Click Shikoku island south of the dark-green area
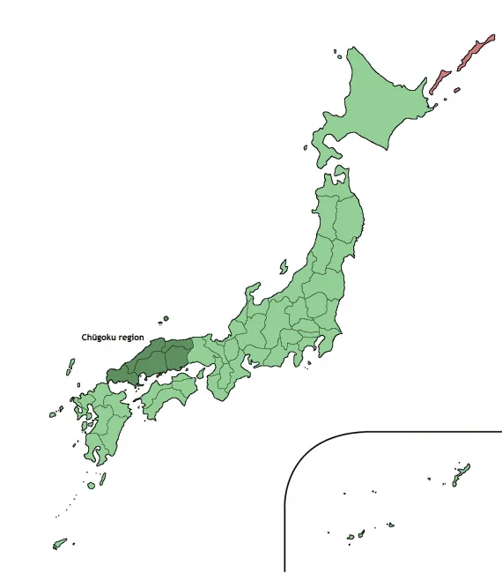point(167,393)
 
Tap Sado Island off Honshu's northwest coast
point(284,266)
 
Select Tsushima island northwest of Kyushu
point(70,366)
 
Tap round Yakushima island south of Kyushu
point(91,484)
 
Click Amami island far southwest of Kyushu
point(59,544)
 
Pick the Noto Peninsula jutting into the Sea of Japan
point(253,292)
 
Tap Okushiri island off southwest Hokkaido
point(306,147)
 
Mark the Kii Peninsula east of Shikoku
point(225,379)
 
